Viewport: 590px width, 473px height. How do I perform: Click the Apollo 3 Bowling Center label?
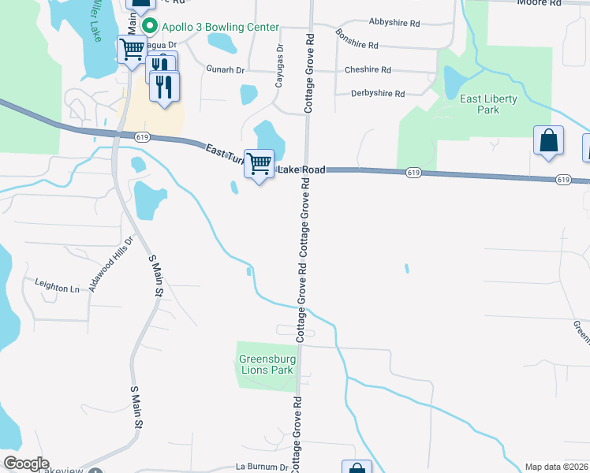[x=221, y=27]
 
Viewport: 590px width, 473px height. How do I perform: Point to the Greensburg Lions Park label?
[x=267, y=364]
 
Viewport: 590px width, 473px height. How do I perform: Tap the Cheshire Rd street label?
[x=368, y=70]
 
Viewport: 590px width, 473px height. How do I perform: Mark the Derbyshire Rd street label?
[x=379, y=94]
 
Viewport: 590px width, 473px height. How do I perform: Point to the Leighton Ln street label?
[x=57, y=288]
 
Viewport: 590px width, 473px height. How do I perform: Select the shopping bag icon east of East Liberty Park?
[x=549, y=141]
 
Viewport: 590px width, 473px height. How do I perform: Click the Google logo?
[x=26, y=464]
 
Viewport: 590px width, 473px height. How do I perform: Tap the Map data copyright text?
[x=557, y=467]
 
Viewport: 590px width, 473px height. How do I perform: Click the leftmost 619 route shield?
[x=143, y=137]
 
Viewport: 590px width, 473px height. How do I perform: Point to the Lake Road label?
[x=301, y=169]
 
